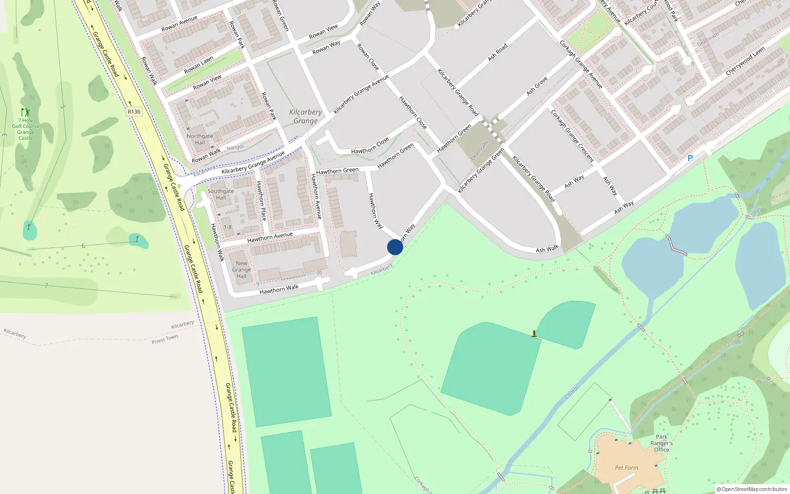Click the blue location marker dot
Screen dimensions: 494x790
tap(395, 247)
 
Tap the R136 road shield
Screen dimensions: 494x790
tap(134, 112)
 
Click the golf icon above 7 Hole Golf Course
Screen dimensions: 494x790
tap(25, 113)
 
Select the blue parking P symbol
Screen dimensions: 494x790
tap(690, 158)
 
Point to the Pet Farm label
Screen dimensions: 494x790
tap(627, 467)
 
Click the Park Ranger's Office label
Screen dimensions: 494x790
tap(662, 443)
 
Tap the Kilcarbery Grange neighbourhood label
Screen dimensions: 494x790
tap(306, 117)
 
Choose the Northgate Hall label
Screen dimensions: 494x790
tap(200, 139)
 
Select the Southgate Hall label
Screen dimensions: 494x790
tap(221, 194)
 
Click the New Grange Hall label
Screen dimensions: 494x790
tap(241, 270)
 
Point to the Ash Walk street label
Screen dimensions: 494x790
tap(547, 249)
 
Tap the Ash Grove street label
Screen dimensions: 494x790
tap(537, 86)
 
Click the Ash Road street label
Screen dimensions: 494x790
tap(498, 52)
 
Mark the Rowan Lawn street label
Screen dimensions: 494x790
tap(199, 65)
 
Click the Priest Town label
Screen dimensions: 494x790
tap(165, 339)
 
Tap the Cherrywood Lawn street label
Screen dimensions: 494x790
tap(745, 61)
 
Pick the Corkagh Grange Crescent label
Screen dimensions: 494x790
tap(573, 136)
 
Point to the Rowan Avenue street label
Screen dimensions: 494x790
tap(180, 24)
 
